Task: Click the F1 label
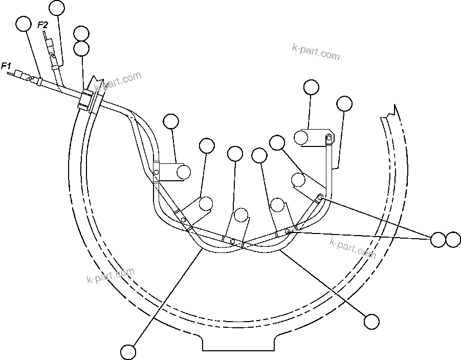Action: (6, 66)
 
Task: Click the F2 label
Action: (43, 24)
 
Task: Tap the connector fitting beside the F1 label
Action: (21, 75)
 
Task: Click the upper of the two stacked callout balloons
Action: (81, 34)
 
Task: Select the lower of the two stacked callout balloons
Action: (81, 49)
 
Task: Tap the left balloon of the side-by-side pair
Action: (438, 239)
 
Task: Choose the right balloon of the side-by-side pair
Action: (453, 239)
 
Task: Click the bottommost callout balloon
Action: (128, 352)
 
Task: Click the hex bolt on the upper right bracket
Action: (328, 137)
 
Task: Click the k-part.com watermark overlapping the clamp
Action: (118, 82)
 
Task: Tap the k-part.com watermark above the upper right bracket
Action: (315, 52)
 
